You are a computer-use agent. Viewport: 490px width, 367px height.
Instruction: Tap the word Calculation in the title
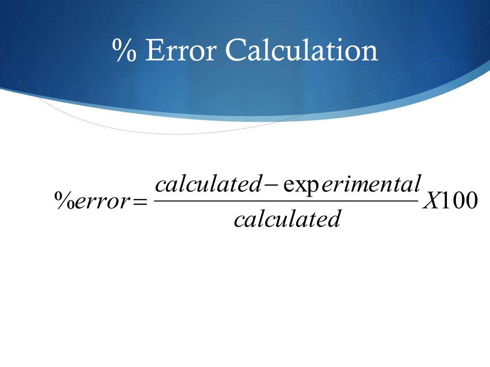click(301, 50)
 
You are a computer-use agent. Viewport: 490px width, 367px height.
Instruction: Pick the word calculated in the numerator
click(207, 184)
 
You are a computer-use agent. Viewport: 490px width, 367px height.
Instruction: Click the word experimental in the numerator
click(352, 184)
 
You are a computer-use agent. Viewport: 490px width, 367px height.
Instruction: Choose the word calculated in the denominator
click(287, 219)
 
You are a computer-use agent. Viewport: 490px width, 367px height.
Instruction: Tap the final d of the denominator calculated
click(334, 219)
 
